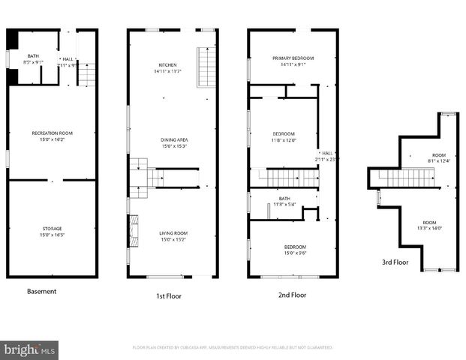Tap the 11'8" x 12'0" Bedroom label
(x=284, y=136)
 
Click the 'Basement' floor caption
(x=41, y=291)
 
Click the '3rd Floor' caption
(x=396, y=262)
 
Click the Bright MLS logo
(x=29, y=349)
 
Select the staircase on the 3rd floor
(x=405, y=178)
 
